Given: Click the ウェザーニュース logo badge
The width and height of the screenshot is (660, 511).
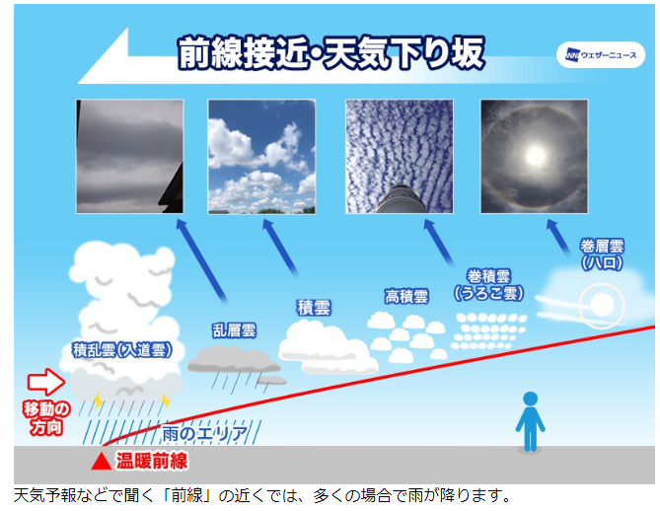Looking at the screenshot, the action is [601, 54].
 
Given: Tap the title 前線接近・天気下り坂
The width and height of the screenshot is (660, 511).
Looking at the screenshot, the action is [331, 53].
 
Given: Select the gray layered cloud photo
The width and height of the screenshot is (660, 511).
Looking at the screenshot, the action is [129, 157].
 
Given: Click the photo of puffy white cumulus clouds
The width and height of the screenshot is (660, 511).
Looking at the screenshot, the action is [261, 157].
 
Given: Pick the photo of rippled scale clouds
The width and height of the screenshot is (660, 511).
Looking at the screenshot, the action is [400, 157].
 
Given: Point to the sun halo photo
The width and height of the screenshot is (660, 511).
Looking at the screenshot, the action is [534, 157].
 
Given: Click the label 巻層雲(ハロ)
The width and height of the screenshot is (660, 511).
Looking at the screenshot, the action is [602, 255].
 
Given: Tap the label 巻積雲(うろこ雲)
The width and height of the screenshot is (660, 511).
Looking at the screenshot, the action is [488, 285].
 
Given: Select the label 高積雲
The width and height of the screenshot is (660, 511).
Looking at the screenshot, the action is [406, 296].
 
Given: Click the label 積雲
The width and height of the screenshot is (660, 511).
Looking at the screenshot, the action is [314, 307].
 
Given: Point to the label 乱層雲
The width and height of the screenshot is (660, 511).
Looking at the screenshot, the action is [235, 330].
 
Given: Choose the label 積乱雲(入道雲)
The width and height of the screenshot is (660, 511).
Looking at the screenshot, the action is [122, 350].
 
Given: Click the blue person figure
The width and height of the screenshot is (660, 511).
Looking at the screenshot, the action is [531, 422].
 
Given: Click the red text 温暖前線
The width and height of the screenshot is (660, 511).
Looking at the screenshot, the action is [152, 461].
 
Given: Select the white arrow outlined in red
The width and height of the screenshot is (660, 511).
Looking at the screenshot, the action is [46, 382].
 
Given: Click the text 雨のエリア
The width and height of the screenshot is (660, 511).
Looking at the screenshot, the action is [205, 433].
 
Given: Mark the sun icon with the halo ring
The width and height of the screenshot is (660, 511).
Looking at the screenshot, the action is [602, 305].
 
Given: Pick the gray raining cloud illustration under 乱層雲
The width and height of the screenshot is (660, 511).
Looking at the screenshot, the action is [237, 365].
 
